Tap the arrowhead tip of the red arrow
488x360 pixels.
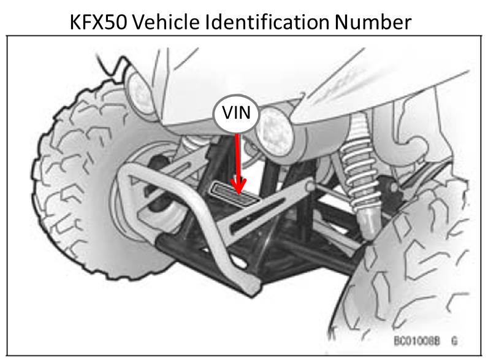coord(239,192)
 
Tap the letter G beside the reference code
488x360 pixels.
coord(454,339)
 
